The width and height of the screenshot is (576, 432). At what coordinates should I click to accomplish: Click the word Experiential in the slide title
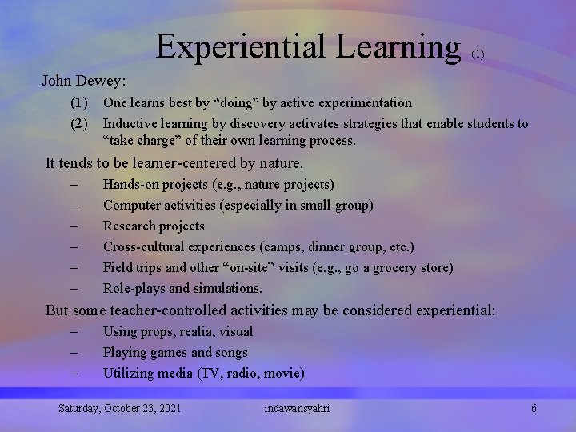(x=239, y=46)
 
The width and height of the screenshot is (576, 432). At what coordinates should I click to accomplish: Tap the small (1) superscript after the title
(x=478, y=54)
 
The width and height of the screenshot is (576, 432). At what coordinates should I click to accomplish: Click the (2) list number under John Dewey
(x=78, y=123)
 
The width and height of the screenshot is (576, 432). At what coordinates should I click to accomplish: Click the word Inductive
(x=132, y=123)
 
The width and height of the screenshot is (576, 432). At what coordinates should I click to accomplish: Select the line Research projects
(x=154, y=226)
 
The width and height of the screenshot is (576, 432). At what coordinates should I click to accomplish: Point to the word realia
(x=187, y=331)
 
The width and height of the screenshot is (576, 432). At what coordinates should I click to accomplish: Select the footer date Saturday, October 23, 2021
(x=119, y=409)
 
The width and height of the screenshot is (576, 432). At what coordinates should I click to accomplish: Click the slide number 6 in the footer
(x=534, y=409)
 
